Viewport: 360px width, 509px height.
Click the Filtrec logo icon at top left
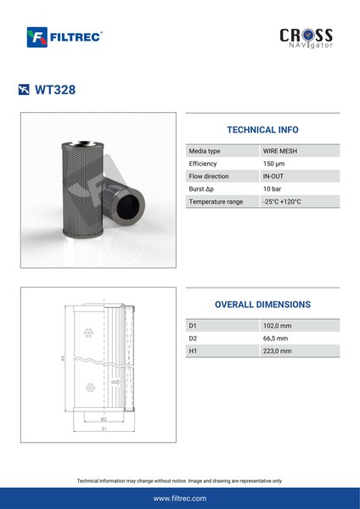[37, 37]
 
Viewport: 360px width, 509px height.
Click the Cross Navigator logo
[306, 38]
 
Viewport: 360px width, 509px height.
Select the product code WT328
[55, 90]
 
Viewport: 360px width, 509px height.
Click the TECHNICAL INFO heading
[262, 130]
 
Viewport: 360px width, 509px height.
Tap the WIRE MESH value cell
[279, 151]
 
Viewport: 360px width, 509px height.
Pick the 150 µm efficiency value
[273, 164]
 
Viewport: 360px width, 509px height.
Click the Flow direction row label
[209, 176]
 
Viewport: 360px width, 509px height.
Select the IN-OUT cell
[273, 176]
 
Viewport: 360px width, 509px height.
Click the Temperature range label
[216, 202]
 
